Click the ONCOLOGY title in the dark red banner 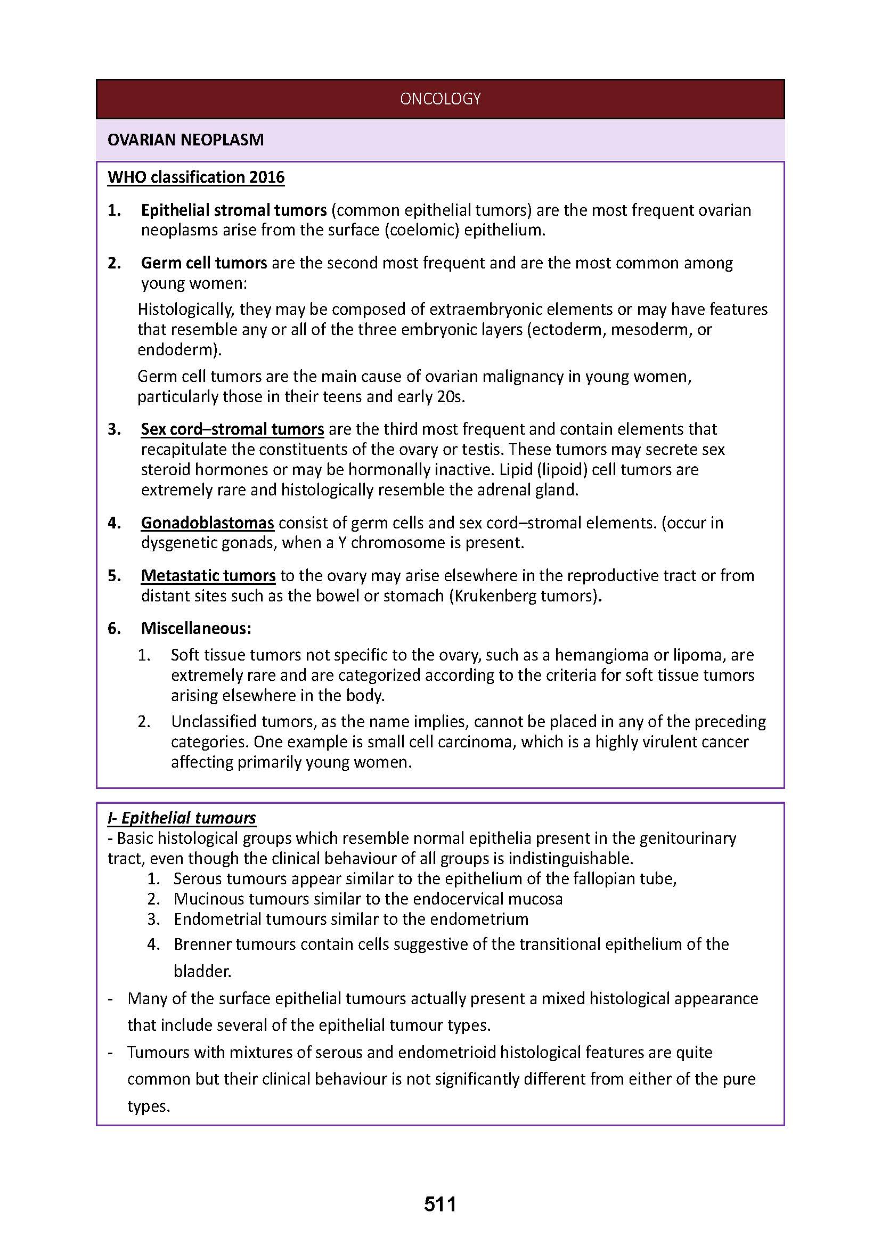pyautogui.click(x=440, y=99)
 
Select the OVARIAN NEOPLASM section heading pyautogui.click(x=185, y=140)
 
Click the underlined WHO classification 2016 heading pyautogui.click(x=196, y=177)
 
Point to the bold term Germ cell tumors pyautogui.click(x=204, y=263)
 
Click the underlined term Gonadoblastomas pyautogui.click(x=207, y=523)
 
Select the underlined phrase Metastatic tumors pyautogui.click(x=208, y=575)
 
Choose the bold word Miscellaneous pyautogui.click(x=196, y=628)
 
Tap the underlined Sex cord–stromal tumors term pyautogui.click(x=232, y=429)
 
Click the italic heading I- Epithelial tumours pyautogui.click(x=182, y=818)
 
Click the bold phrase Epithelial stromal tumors pyautogui.click(x=234, y=210)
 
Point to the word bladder pyautogui.click(x=202, y=971)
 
